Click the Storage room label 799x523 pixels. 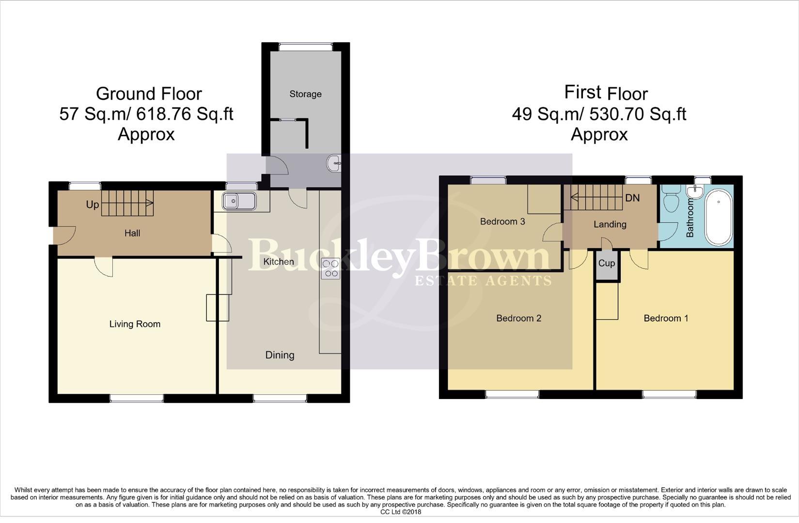(305, 94)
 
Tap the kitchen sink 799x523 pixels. (239, 200)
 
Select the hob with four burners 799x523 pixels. (331, 269)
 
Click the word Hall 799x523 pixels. (132, 233)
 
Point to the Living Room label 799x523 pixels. (135, 324)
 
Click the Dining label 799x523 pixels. (280, 355)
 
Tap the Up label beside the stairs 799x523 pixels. (92, 204)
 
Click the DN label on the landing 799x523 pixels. (632, 198)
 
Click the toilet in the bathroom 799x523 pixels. (672, 201)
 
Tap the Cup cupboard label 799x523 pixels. (607, 263)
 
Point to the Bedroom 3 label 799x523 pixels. (502, 221)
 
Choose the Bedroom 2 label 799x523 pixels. (518, 318)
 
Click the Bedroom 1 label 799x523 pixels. (666, 318)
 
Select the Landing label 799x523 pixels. (610, 224)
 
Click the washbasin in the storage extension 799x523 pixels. (335, 163)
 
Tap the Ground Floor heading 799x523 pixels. (149, 93)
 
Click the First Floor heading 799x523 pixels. (606, 93)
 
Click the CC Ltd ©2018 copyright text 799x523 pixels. (401, 512)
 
